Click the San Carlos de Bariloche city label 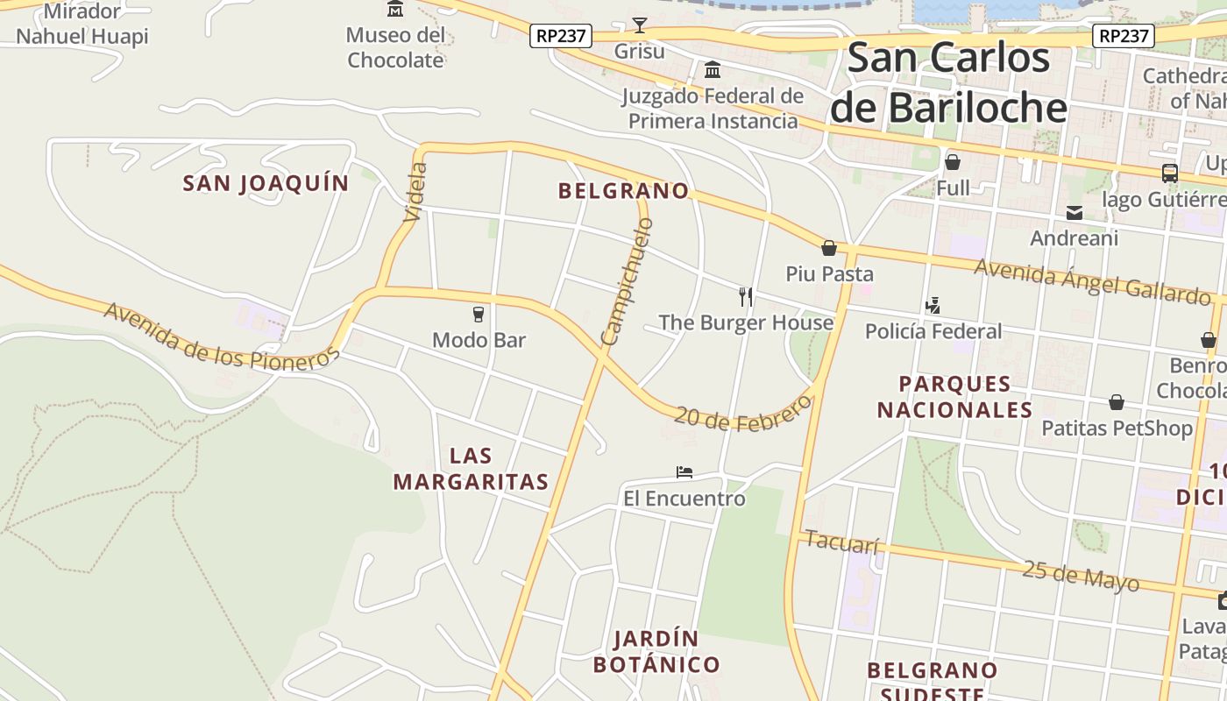pyautogui.click(x=948, y=82)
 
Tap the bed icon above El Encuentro pyautogui.click(x=684, y=472)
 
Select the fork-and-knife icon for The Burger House pyautogui.click(x=746, y=296)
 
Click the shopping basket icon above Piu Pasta pyautogui.click(x=829, y=248)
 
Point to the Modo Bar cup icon pyautogui.click(x=479, y=314)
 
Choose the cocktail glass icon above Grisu pyautogui.click(x=640, y=25)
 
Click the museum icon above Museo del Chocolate pyautogui.click(x=395, y=9)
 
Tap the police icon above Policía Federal pyautogui.click(x=933, y=306)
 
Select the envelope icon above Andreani pyautogui.click(x=1074, y=213)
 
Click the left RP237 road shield pyautogui.click(x=562, y=36)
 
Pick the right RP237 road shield pyautogui.click(x=1124, y=36)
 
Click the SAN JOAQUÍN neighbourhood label pyautogui.click(x=266, y=183)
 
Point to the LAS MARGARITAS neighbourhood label pyautogui.click(x=471, y=469)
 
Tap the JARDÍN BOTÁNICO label pyautogui.click(x=656, y=651)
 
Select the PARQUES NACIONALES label pyautogui.click(x=954, y=397)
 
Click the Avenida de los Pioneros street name pyautogui.click(x=221, y=337)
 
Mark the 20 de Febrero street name pyautogui.click(x=743, y=414)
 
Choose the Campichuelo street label pyautogui.click(x=628, y=280)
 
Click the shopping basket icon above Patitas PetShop pyautogui.click(x=1117, y=402)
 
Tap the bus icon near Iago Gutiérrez pyautogui.click(x=1169, y=173)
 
